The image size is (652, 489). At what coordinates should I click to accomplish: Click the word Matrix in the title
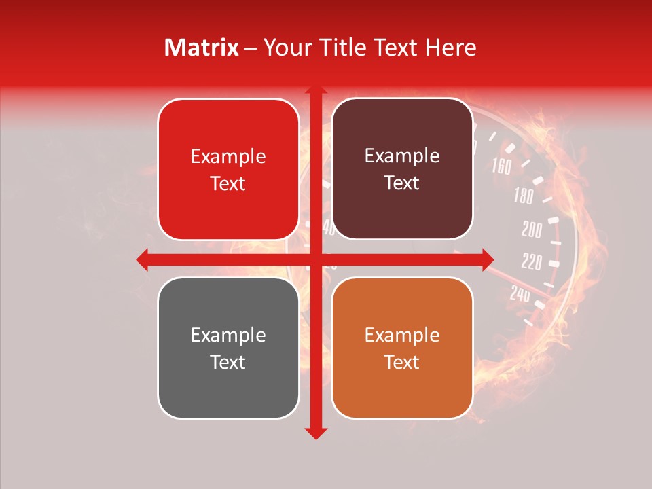tap(202, 48)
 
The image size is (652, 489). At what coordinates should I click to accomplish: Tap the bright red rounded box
tap(228, 169)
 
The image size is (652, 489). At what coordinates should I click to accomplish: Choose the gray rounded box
tap(228, 348)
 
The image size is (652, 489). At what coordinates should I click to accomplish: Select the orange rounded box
tap(402, 348)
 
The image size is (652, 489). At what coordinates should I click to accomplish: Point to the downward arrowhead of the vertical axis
tap(315, 433)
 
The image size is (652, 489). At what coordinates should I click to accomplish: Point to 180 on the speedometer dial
tap(523, 197)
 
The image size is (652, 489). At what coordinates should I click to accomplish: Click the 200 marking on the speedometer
tap(532, 230)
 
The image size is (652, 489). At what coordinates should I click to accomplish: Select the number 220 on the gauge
tap(531, 261)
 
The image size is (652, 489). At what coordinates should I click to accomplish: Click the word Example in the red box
tap(228, 156)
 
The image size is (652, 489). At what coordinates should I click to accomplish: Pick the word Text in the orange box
tap(402, 362)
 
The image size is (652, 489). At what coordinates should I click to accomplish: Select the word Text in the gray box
tap(228, 362)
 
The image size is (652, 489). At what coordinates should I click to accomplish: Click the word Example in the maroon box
tap(402, 156)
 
